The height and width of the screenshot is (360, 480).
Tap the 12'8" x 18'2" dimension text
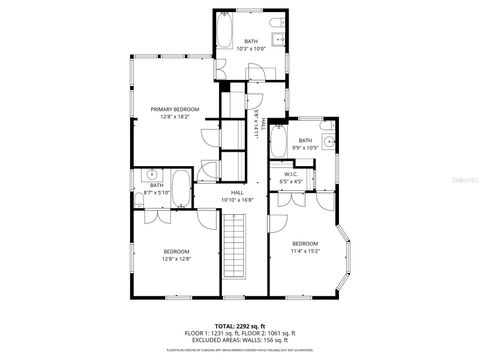coord(175,117)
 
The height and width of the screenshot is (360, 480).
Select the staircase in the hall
coord(237,262)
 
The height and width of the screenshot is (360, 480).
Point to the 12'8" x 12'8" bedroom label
coord(176,254)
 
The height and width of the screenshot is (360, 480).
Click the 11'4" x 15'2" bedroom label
coord(305,246)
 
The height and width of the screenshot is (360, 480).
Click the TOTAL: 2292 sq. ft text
coord(239,325)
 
